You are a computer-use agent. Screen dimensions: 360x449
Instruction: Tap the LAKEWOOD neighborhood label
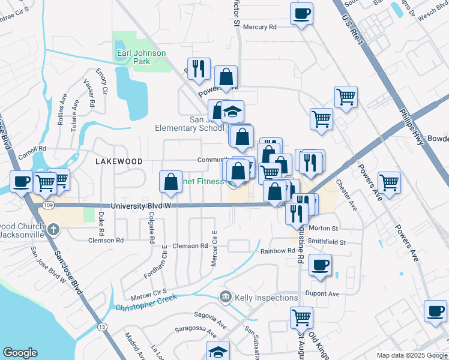[x=119, y=161]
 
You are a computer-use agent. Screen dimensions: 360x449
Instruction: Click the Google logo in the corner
[x=20, y=353]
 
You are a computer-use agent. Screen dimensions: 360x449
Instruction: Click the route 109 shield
[x=48, y=205]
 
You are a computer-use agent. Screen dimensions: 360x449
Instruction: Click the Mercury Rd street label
[x=259, y=27]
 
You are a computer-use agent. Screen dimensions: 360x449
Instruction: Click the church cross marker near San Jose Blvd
[x=54, y=229]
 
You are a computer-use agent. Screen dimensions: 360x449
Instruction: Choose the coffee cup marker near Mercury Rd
[x=301, y=13]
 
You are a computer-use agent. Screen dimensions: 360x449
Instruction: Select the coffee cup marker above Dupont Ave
[x=320, y=264]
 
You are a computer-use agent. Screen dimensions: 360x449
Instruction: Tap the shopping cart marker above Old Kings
[x=301, y=316]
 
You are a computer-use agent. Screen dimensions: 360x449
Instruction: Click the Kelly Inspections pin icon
[x=226, y=296]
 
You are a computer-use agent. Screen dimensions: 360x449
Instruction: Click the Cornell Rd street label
[x=32, y=148]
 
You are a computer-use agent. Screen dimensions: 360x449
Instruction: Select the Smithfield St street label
[x=327, y=242]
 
